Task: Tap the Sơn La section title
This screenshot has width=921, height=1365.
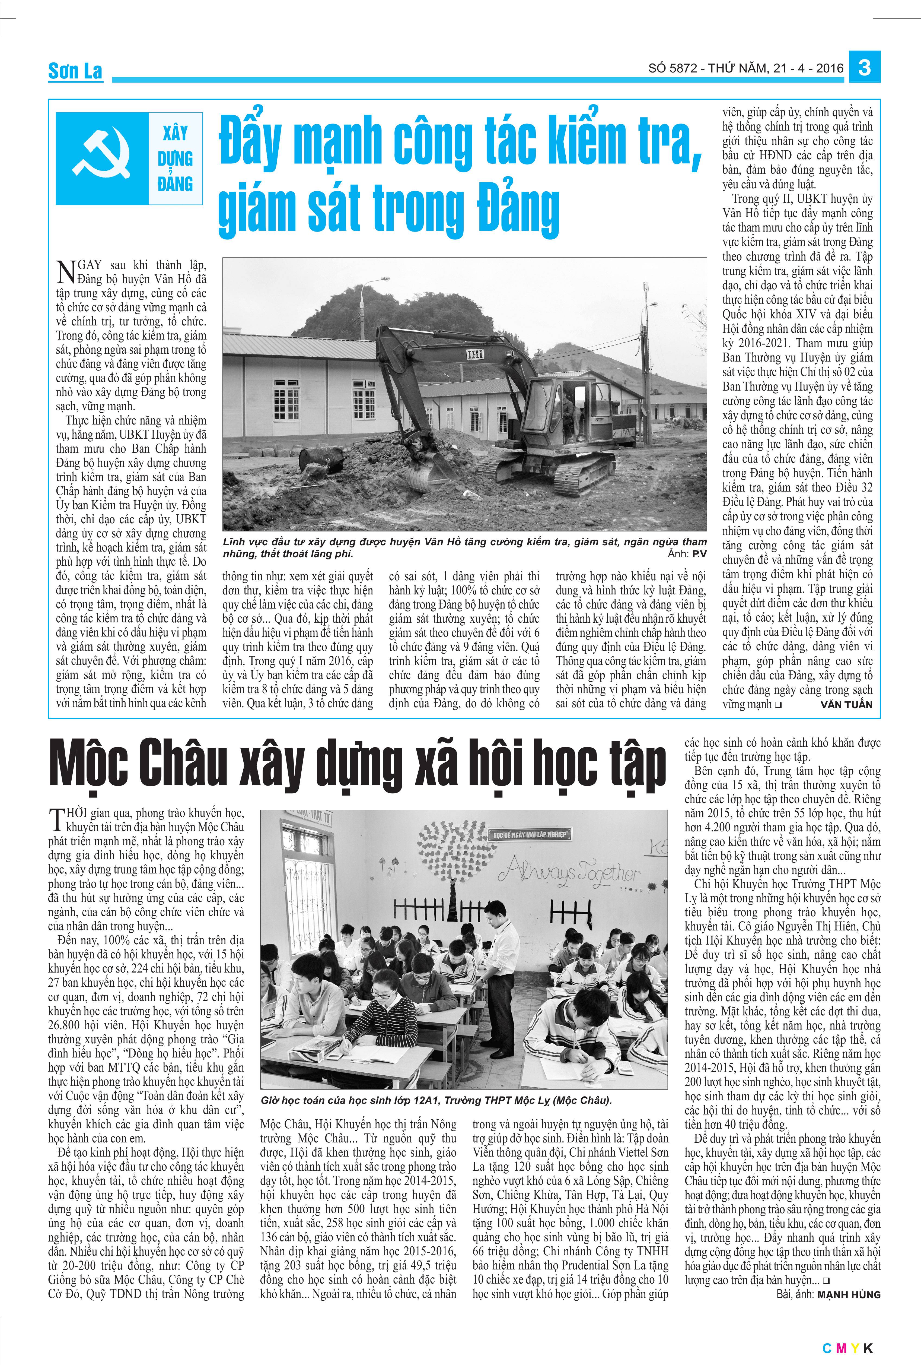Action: click(x=75, y=71)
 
